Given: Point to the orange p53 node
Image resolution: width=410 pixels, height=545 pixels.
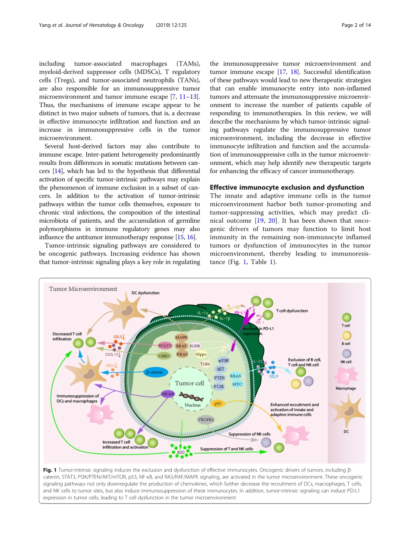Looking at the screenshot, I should tap(218, 403).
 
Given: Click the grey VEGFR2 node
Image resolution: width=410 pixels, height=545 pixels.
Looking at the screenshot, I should tap(206, 419).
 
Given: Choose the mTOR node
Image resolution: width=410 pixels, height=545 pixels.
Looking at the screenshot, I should tap(223, 360).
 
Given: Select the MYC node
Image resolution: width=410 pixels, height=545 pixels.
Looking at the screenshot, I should tap(237, 384).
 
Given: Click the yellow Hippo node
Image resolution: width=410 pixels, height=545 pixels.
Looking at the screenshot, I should tap(201, 354).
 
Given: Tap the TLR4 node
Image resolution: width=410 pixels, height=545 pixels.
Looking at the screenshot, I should tap(205, 364).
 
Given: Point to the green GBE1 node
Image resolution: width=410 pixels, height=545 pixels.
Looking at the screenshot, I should tap(164, 356).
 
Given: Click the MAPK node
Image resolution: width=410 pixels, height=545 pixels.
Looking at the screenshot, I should tap(182, 337).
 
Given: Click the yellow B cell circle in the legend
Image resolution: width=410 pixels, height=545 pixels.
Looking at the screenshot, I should tap(346, 335).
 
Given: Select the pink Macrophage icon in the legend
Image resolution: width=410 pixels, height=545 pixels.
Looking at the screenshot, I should tap(346, 376).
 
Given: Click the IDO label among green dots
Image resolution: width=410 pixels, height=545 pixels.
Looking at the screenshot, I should tap(180, 452).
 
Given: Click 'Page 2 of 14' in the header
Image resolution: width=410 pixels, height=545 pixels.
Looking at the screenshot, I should tap(356, 25).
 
